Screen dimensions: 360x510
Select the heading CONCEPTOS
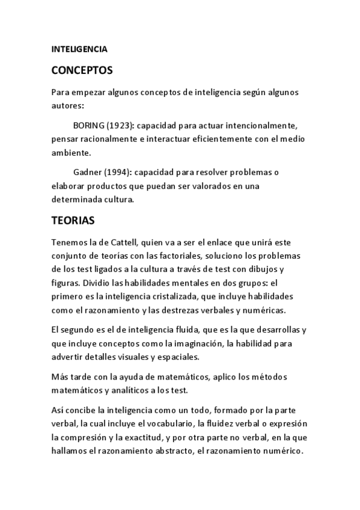pos(82,70)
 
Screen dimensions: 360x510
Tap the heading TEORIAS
pos(73,220)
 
